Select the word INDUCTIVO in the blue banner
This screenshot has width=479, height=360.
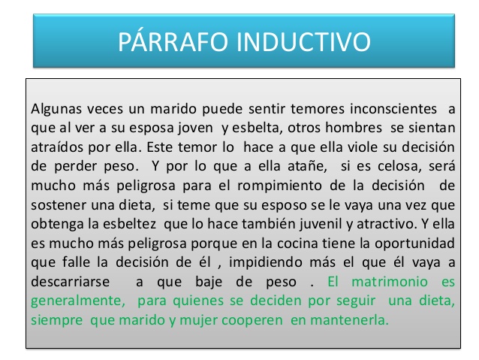[303, 41]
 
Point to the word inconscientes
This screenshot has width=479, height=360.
[393, 108]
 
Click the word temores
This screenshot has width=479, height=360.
[317, 109]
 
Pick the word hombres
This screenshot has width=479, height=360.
[354, 128]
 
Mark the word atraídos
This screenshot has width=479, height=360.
[57, 147]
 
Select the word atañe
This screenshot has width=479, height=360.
[307, 166]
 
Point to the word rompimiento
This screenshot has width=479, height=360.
[279, 186]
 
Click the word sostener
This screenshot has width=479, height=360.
[59, 205]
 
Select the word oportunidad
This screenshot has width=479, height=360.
[414, 244]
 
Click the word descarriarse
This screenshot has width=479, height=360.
[71, 282]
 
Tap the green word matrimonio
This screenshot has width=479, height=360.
[390, 282]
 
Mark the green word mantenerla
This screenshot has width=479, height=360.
[349, 320]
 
